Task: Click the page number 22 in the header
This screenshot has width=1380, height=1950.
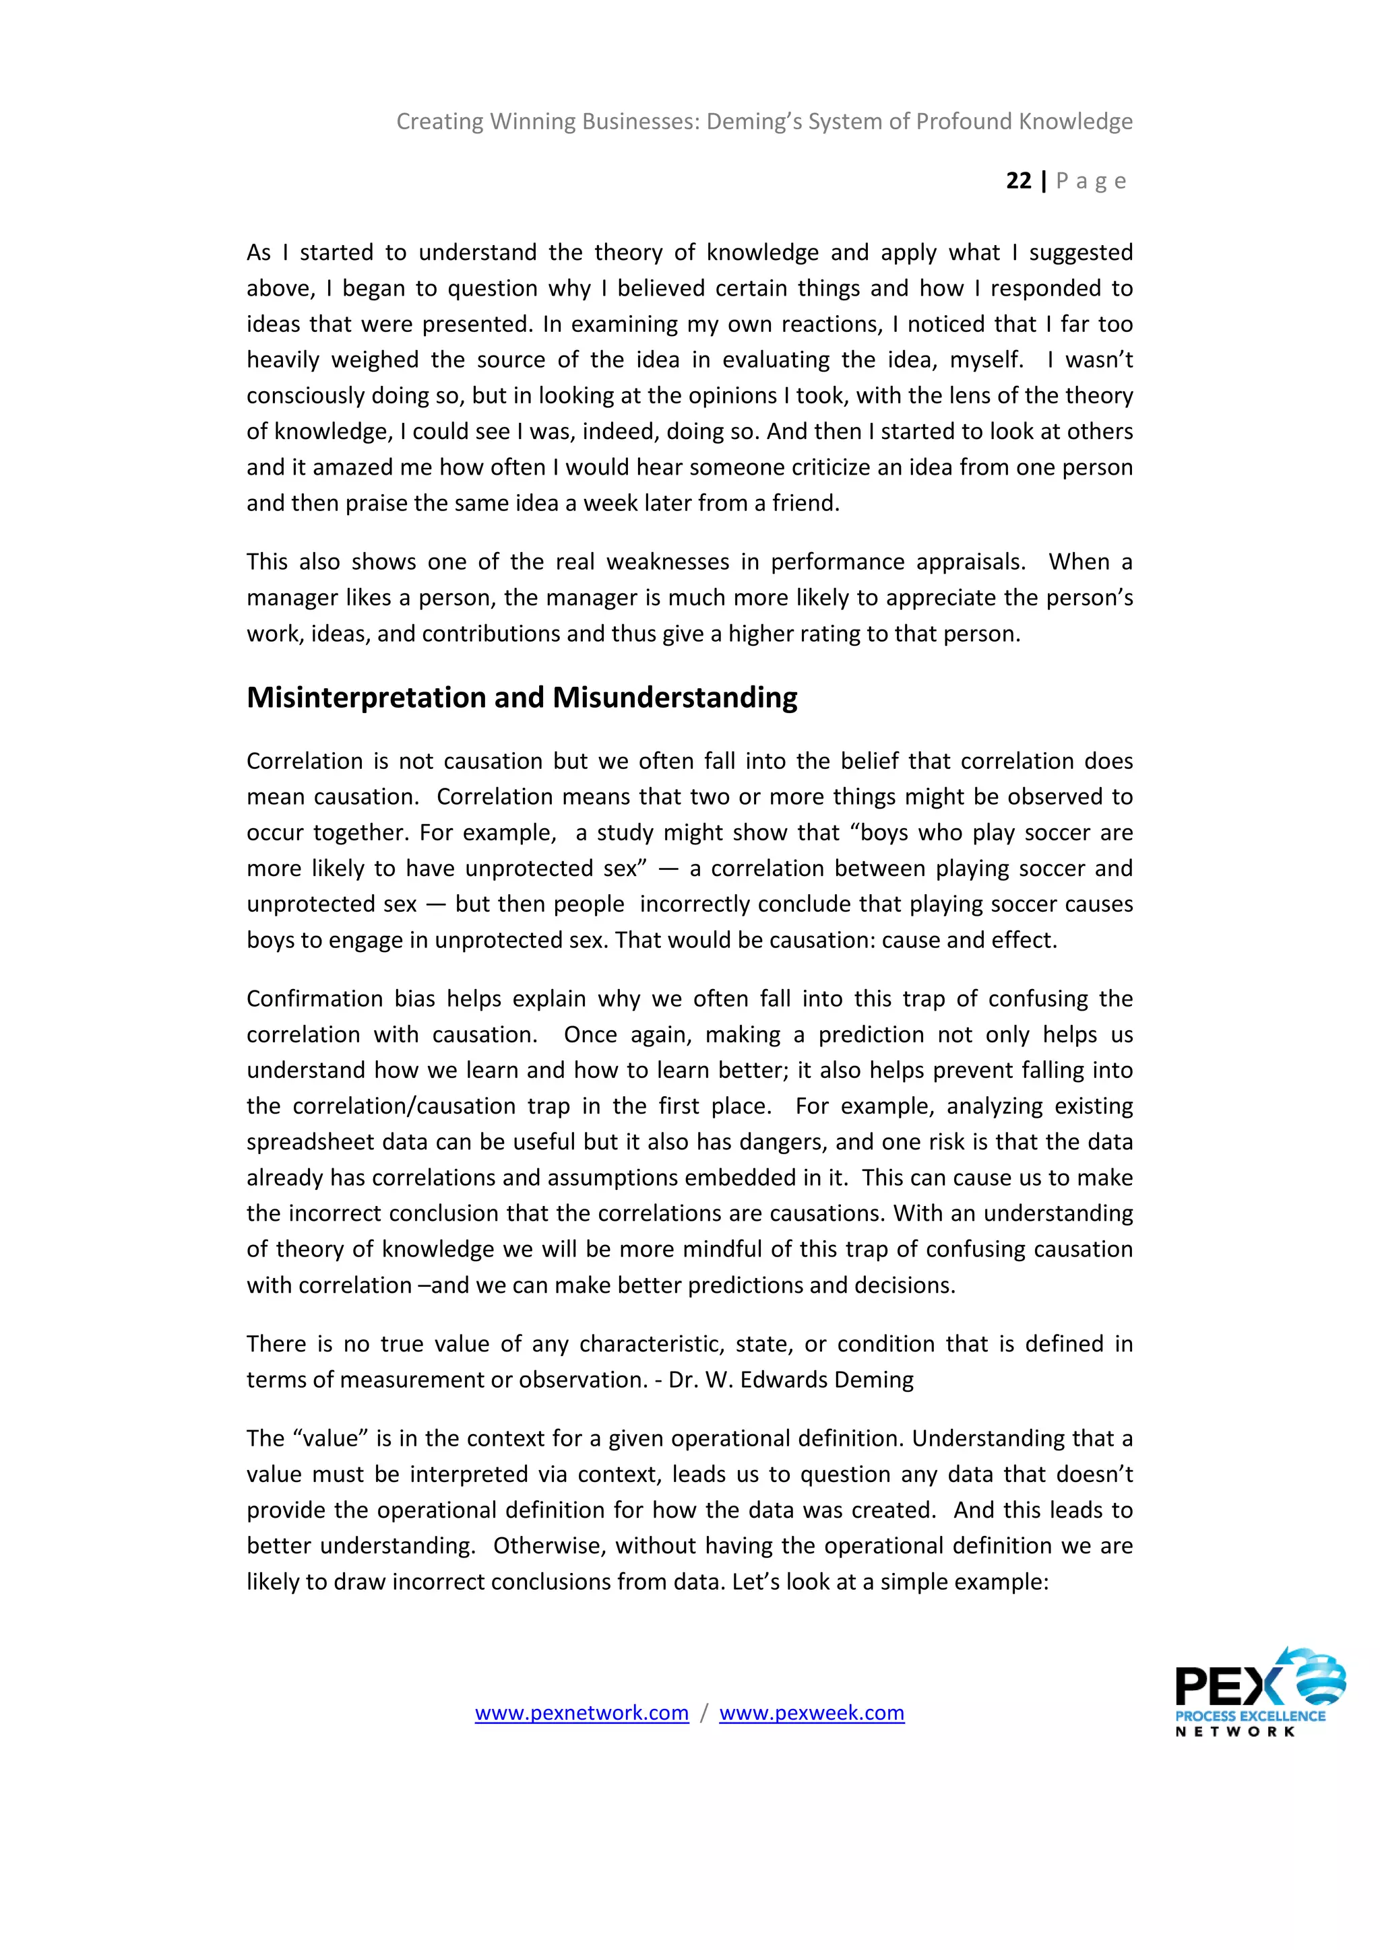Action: pos(1018,181)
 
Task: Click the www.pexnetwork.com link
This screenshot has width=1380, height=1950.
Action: pos(582,1713)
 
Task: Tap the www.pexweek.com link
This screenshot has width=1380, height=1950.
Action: pos(811,1713)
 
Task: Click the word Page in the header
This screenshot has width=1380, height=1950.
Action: pos(1091,181)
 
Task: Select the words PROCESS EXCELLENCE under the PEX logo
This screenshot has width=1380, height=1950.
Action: pos(1250,1716)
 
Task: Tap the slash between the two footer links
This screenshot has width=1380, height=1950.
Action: pos(703,1713)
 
